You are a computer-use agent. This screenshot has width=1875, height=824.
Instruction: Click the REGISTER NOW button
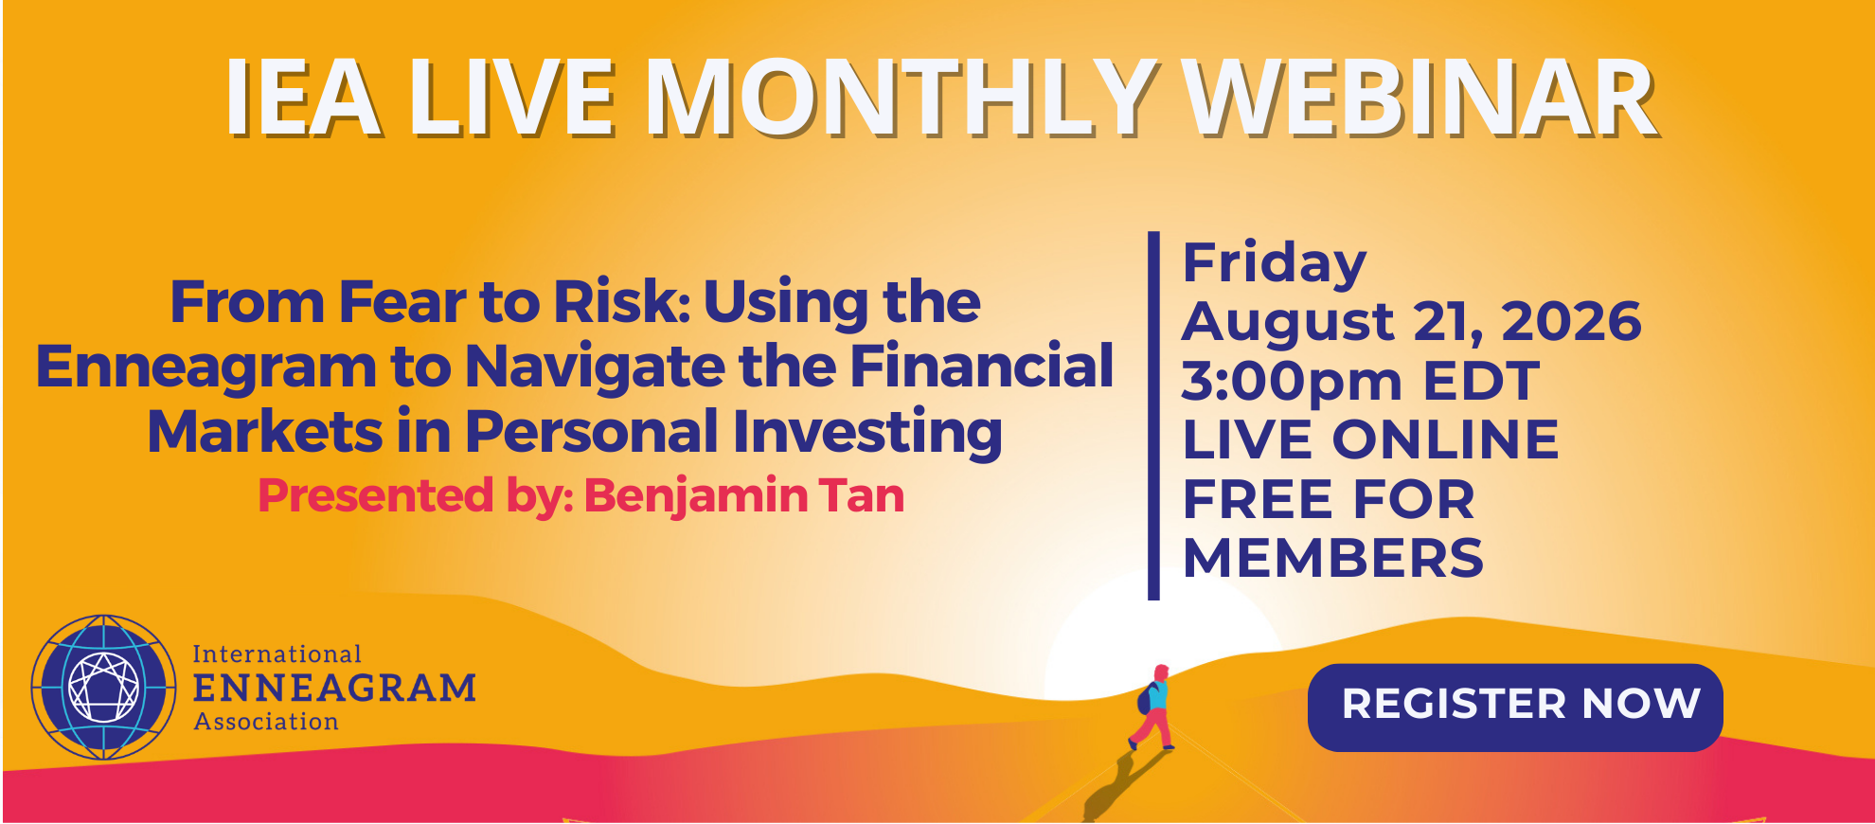click(1514, 707)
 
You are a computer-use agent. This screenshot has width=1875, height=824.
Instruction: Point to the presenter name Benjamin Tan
click(744, 496)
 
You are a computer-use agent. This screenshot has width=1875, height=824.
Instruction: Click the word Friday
click(1275, 263)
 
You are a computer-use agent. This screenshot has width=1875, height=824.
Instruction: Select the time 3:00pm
click(1292, 383)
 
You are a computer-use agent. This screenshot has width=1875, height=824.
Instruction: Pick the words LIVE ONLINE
click(1370, 439)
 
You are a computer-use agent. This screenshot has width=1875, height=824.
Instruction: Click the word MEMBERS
click(1333, 558)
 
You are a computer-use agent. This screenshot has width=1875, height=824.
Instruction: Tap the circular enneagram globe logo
click(104, 687)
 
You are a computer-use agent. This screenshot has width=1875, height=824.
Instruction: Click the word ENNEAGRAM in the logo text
click(334, 688)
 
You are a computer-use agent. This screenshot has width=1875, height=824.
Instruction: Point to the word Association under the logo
click(266, 722)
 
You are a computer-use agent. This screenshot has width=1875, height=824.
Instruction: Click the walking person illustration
click(1152, 708)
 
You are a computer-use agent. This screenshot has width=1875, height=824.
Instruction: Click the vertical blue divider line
click(1153, 416)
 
